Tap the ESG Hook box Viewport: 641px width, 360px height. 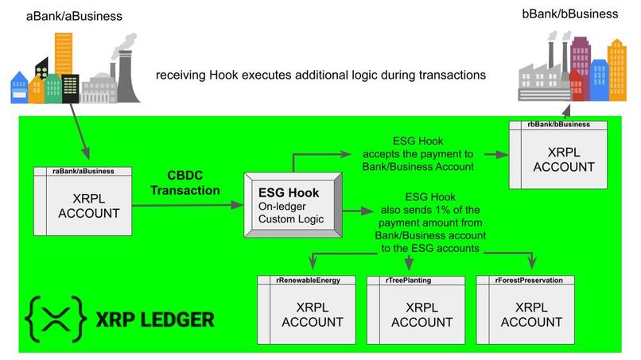[292, 205]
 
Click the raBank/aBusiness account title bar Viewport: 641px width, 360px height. [84, 170]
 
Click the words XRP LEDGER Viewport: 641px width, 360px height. [154, 320]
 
